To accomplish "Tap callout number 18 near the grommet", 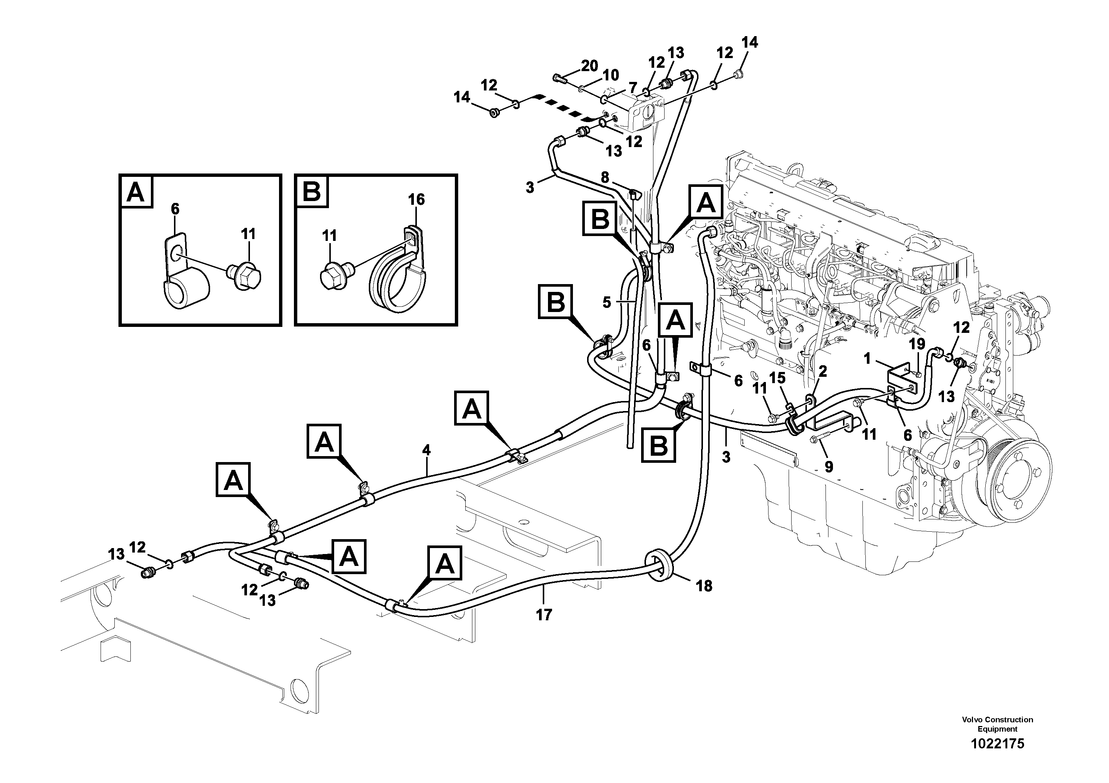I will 704,586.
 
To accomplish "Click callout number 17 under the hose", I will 544,615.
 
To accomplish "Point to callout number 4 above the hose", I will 426,451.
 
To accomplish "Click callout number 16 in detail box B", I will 416,199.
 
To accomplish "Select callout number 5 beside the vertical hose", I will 607,303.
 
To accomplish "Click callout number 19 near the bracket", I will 917,344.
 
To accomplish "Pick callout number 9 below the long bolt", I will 829,467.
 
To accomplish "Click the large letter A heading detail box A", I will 136,192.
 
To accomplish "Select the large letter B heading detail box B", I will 311,192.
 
